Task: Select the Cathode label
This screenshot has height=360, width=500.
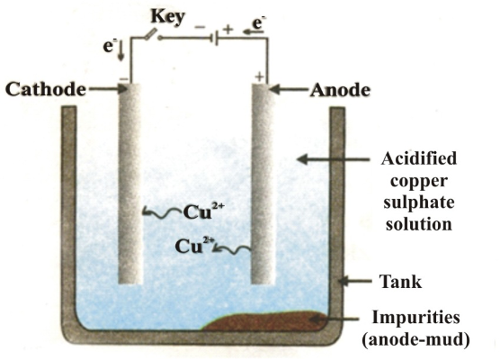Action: [x=45, y=89]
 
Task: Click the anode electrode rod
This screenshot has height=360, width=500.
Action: [x=263, y=180]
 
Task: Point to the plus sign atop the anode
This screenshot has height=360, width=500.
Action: [x=260, y=79]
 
